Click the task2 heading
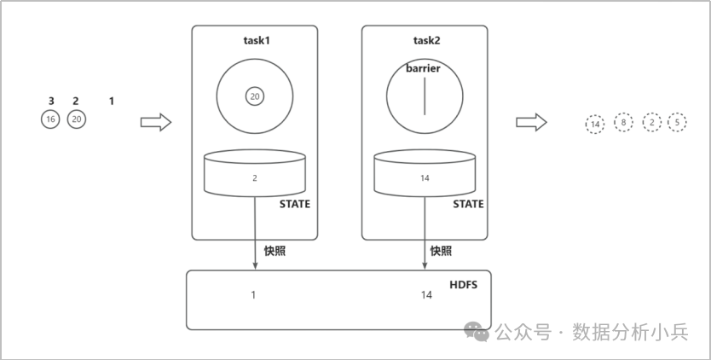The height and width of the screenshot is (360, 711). pos(426,40)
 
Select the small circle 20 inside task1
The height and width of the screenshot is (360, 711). pos(255,96)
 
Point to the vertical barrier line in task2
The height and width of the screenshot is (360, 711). pos(425,96)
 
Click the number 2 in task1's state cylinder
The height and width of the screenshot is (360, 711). pos(255,178)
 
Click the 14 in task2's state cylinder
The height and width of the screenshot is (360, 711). pos(425,178)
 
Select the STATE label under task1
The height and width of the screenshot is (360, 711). pos(295,204)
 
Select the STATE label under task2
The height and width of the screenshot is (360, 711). pos(468,204)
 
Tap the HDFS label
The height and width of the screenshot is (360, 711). pos(464,286)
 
